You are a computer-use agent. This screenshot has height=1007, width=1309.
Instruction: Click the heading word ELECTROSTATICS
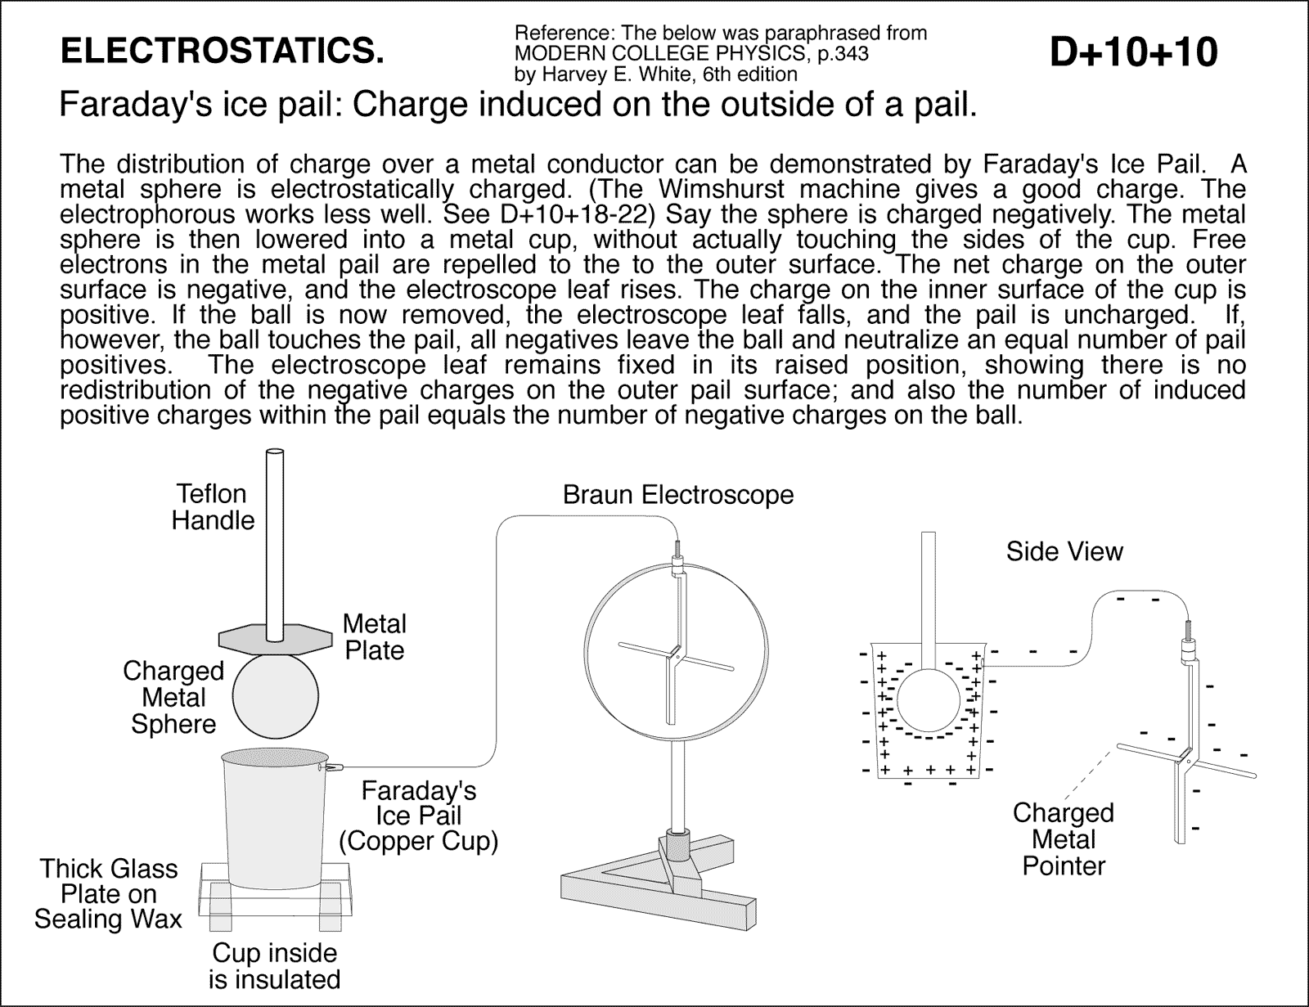[x=223, y=52]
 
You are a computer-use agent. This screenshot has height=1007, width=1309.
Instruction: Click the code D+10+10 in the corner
[x=1132, y=52]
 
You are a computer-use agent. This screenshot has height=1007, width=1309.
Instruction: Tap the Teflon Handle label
[x=213, y=507]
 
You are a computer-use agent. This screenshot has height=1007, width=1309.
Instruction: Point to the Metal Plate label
[x=374, y=637]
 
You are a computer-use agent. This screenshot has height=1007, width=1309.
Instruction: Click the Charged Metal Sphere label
[x=173, y=697]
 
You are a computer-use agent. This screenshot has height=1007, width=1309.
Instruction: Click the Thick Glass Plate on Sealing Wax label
[x=108, y=893]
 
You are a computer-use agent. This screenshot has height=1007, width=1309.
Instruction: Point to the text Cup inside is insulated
[x=274, y=966]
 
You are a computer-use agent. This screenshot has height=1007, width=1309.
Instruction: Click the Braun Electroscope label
[x=677, y=495]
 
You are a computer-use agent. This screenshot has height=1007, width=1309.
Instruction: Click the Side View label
[x=1064, y=551]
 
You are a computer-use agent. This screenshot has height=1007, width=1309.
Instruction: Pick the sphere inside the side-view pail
[x=928, y=700]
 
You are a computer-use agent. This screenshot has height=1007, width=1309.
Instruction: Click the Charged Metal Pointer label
[x=1064, y=839]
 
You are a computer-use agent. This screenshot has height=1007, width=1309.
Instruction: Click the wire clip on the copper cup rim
[x=333, y=767]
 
